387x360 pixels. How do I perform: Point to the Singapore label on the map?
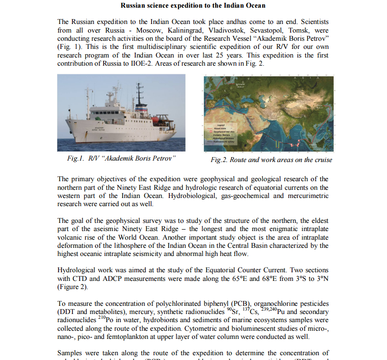pyautogui.click(x=314, y=144)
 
